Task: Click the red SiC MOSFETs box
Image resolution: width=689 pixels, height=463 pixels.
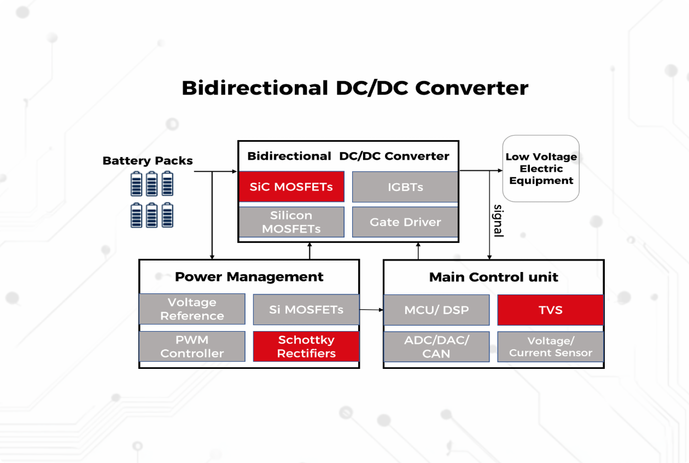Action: click(291, 187)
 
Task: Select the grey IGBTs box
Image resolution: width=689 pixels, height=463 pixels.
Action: click(405, 187)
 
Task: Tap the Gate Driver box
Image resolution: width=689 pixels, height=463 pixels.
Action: click(405, 222)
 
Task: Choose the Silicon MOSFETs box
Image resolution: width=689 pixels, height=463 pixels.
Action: click(291, 222)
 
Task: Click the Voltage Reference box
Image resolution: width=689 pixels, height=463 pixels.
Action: click(192, 309)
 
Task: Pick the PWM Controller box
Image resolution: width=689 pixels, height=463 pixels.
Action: click(192, 346)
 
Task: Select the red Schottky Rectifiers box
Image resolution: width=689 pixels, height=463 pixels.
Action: click(306, 346)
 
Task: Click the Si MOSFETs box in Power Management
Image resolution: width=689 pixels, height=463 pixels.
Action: click(306, 309)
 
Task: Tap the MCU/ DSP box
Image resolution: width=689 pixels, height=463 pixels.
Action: click(436, 310)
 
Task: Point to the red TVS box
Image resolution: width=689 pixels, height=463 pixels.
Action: click(550, 310)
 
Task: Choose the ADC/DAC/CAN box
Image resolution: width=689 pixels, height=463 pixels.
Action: click(436, 346)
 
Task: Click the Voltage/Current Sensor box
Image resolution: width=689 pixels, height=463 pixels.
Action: click(550, 346)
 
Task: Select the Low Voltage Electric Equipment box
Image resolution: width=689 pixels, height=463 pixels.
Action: click(540, 169)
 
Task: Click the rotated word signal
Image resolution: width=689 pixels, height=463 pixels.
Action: click(498, 221)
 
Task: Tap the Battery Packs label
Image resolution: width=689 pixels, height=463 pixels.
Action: click(148, 161)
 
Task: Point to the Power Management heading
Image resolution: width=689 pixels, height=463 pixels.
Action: click(249, 276)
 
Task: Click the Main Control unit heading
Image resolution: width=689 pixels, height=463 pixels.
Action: click(493, 277)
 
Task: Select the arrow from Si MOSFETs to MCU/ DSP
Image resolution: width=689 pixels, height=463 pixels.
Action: click(371, 310)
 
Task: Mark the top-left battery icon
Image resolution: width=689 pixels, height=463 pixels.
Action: click(137, 184)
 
